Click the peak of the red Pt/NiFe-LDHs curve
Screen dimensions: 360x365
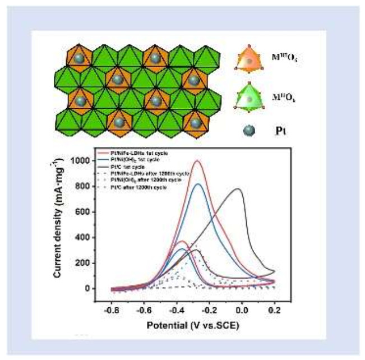click(197, 161)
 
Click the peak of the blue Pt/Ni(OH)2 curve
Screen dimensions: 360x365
click(197, 184)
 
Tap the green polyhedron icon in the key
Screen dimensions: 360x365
click(249, 95)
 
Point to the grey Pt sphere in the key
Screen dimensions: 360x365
click(249, 130)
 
